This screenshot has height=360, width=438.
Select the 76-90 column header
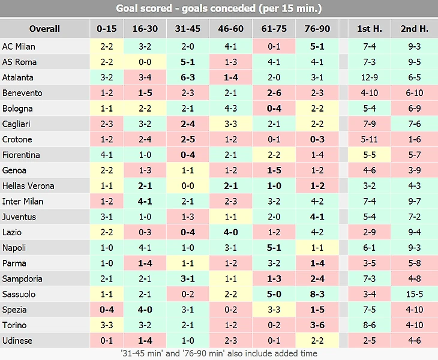click(317, 29)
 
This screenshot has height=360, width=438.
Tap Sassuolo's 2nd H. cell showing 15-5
click(414, 295)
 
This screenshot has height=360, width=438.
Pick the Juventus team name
click(19, 217)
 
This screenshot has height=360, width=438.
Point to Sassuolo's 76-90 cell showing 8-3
click(317, 295)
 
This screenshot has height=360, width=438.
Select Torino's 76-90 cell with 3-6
click(317, 326)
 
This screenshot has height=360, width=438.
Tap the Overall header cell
click(44, 29)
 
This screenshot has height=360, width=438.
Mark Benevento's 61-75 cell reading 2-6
click(274, 93)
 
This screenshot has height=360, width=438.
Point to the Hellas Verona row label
click(28, 186)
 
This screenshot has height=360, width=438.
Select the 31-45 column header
click(188, 29)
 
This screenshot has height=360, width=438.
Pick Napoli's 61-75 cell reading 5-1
click(274, 248)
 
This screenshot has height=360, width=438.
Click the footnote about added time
click(219, 353)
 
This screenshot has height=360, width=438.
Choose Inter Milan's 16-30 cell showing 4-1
click(145, 202)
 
